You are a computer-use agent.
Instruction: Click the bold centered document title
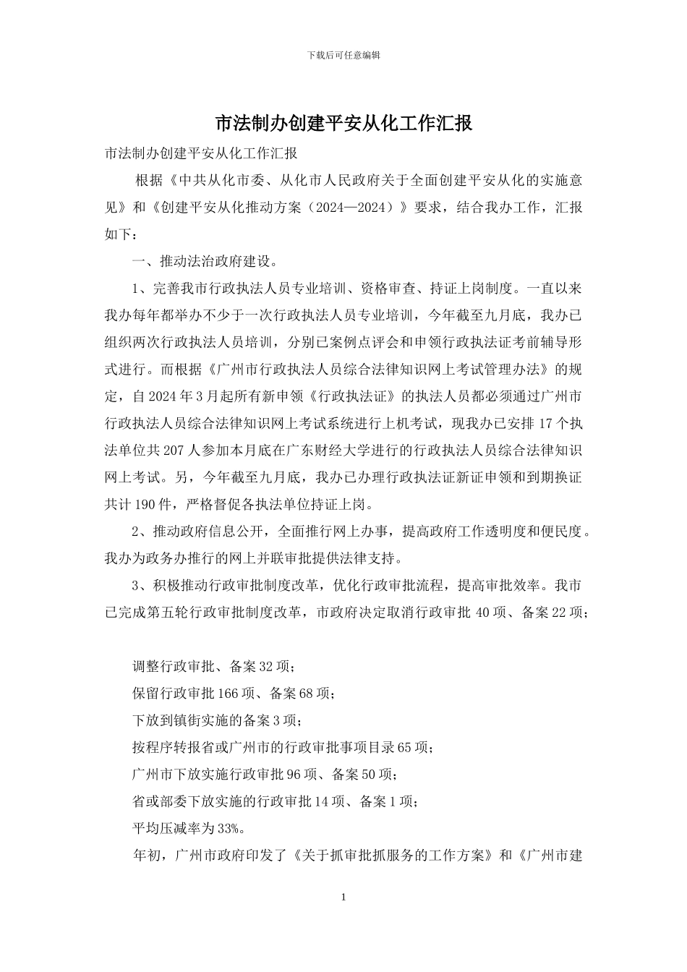tap(343, 123)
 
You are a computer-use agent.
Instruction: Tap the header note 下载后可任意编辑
tap(343, 55)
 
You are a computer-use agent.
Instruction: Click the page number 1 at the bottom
tap(343, 898)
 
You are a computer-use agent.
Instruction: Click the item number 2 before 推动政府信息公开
tap(135, 532)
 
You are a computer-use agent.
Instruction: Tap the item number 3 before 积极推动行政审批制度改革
tap(135, 585)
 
